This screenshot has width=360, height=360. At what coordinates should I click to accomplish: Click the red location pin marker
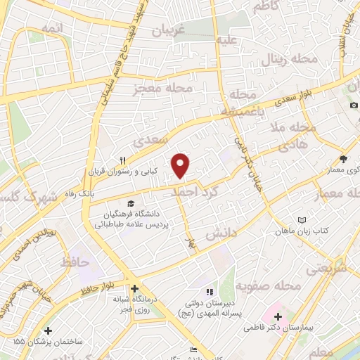[181, 165]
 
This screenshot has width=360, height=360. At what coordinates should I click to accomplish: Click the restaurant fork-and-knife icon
[122, 160]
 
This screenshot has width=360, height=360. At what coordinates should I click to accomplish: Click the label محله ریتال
[290, 60]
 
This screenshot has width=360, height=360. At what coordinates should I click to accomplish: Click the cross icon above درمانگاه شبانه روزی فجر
[134, 288]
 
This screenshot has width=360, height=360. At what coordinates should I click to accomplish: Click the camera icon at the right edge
[354, 105]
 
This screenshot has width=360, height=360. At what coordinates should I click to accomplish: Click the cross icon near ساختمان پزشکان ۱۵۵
[48, 330]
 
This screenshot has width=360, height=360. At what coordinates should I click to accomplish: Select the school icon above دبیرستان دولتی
[208, 291]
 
